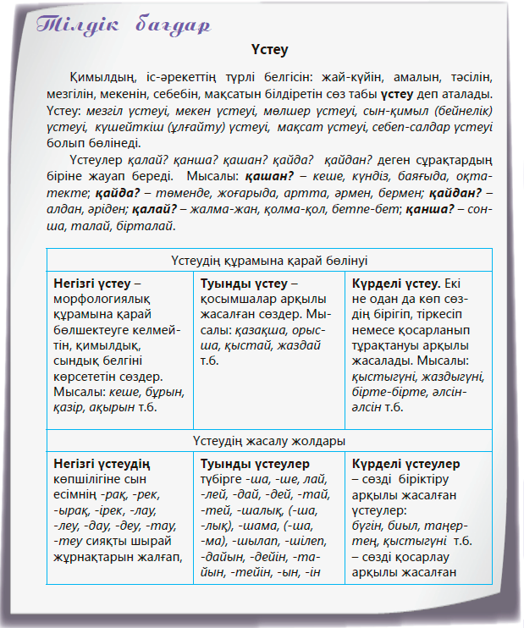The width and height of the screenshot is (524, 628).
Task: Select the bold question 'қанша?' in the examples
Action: tap(433, 211)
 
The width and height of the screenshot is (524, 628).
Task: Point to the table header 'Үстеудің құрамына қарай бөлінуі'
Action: tap(269, 260)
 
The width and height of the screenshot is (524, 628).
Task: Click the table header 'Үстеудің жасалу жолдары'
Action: tap(269, 441)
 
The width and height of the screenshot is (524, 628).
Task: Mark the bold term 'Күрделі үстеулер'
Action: tap(405, 464)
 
